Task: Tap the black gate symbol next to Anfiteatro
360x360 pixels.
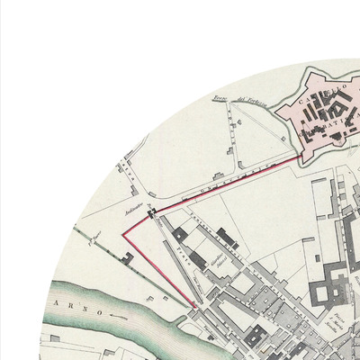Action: pos(153,213)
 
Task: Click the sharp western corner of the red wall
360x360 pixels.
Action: pos(123,233)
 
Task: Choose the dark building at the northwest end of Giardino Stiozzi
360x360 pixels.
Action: pos(181,233)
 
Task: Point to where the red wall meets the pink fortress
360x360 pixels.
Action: pos(300,154)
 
